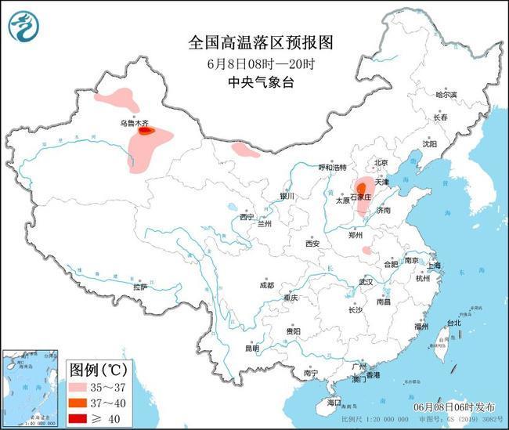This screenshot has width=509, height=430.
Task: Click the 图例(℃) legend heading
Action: pyautogui.click(x=99, y=369)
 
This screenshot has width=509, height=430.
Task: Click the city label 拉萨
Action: pyautogui.click(x=139, y=287)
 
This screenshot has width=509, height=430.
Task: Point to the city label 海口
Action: pyautogui.click(x=334, y=403)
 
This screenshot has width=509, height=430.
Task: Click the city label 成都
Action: pyautogui.click(x=266, y=285)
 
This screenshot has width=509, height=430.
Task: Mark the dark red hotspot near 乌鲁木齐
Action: pyautogui.click(x=146, y=132)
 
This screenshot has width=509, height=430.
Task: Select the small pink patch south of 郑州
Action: pyautogui.click(x=366, y=251)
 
